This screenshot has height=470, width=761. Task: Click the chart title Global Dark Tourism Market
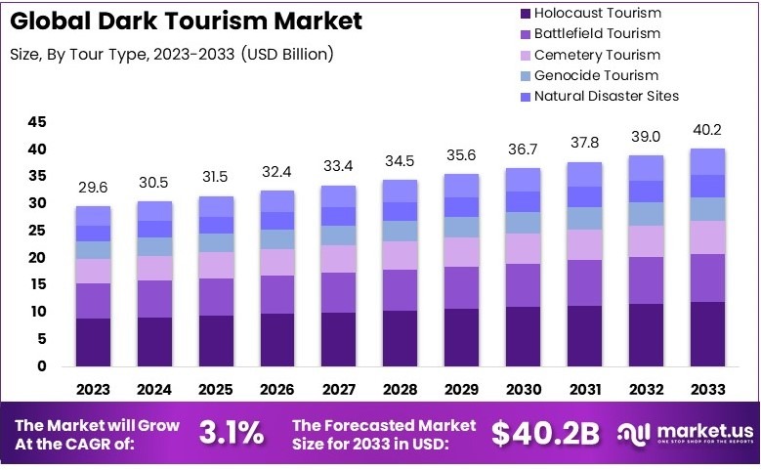[186, 21]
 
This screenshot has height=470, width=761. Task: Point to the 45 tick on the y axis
[37, 122]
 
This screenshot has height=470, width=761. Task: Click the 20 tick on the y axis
[37, 258]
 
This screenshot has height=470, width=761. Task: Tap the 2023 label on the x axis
[93, 389]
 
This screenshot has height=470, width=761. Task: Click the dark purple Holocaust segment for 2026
[276, 340]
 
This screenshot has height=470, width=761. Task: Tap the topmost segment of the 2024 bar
[154, 211]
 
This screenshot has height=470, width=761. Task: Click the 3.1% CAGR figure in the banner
[232, 433]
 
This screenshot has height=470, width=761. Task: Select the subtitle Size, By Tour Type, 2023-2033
[171, 54]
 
